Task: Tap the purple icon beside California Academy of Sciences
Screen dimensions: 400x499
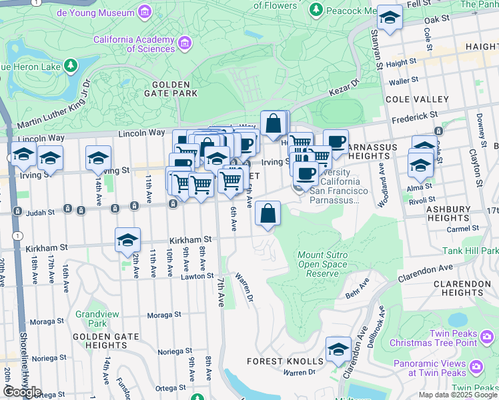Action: click(x=185, y=43)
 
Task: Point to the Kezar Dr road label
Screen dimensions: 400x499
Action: click(x=345, y=88)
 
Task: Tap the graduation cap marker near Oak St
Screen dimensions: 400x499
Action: click(x=390, y=19)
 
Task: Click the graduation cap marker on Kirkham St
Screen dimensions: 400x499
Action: click(x=127, y=241)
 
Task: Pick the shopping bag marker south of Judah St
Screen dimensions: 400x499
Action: click(x=268, y=214)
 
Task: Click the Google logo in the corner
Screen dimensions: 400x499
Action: click(x=22, y=392)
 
